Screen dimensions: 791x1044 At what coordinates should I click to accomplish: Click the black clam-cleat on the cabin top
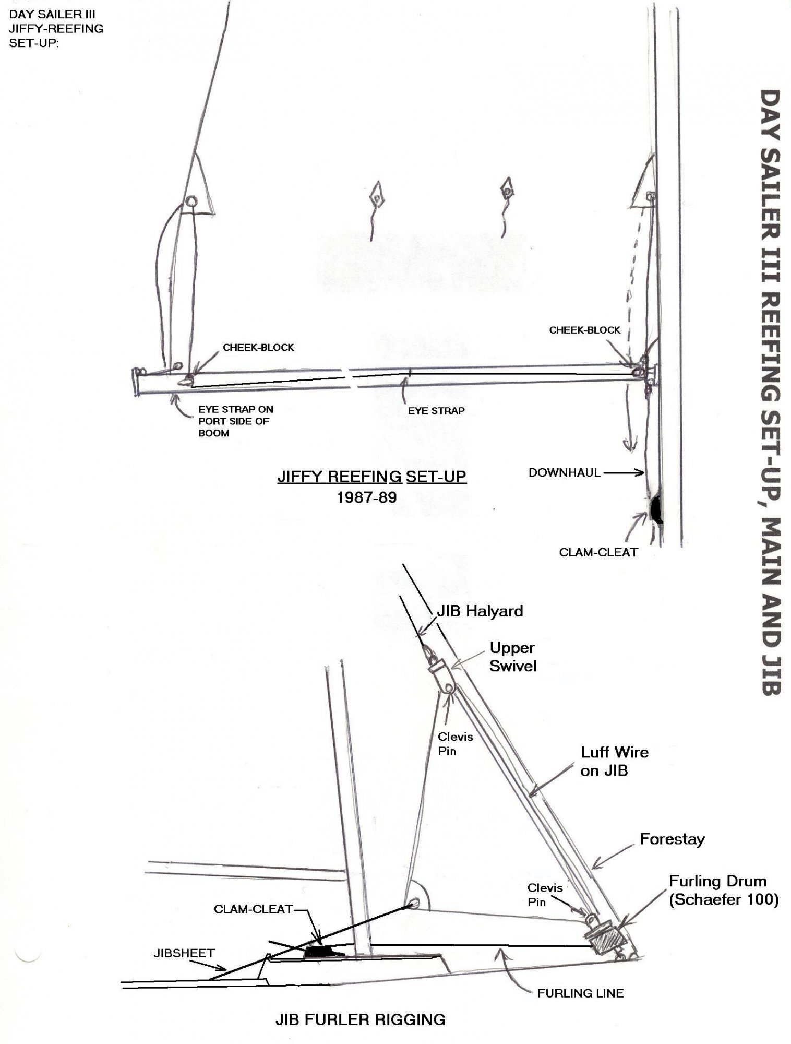tap(322, 952)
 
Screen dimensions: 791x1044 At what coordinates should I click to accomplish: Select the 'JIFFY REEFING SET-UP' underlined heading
tap(371, 477)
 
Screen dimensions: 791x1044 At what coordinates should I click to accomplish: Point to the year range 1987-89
tap(367, 497)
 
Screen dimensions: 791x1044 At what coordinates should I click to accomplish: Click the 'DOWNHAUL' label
tap(565, 473)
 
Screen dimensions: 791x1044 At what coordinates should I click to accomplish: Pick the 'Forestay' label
tap(672, 839)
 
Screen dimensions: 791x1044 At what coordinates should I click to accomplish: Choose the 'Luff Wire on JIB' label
tap(614, 762)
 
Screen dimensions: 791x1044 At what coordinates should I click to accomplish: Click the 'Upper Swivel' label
tap(512, 657)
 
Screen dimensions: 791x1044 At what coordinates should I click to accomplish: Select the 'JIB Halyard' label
tap(480, 611)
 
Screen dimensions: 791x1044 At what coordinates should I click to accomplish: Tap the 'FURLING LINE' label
tap(581, 993)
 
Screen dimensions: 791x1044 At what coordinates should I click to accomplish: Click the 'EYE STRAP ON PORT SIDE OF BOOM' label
tap(236, 421)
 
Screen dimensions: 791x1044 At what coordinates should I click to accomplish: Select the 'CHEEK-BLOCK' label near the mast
tap(585, 330)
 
